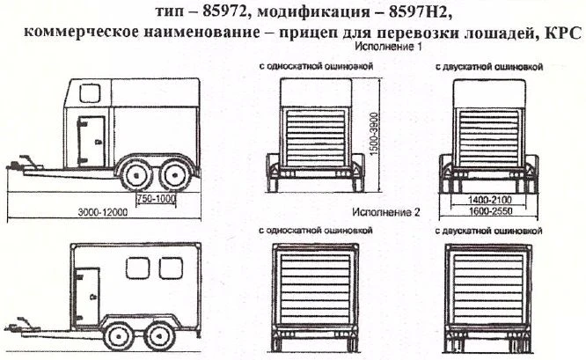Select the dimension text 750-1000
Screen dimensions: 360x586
[x=156, y=198]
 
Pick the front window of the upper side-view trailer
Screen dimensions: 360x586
[x=88, y=92]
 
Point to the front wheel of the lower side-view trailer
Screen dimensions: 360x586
[x=117, y=334]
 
